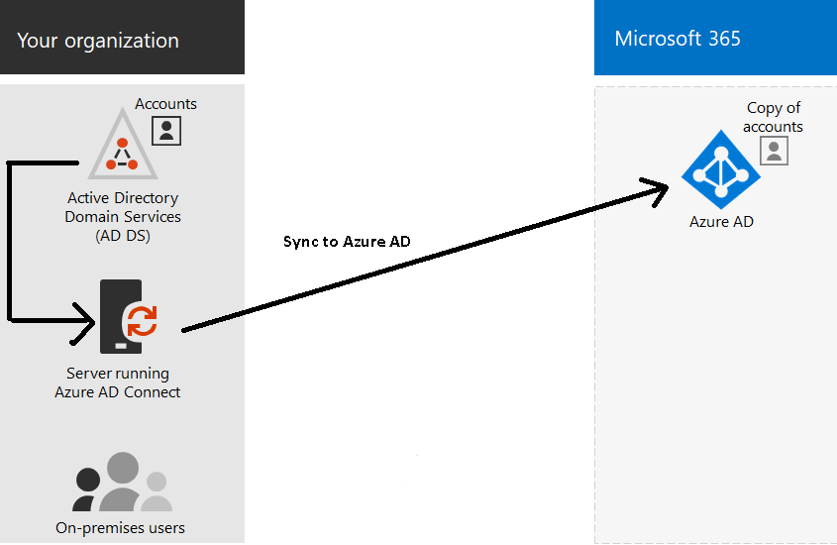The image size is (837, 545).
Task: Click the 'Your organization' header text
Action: (98, 41)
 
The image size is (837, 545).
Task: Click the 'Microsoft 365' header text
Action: (678, 39)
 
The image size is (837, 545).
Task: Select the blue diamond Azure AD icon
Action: (721, 170)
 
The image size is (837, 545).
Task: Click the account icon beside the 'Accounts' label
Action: (166, 129)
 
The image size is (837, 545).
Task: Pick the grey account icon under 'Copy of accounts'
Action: (774, 151)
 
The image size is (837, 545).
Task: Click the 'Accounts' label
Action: (165, 103)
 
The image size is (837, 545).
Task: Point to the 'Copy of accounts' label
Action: (774, 117)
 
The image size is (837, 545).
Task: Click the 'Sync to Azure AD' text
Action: (347, 242)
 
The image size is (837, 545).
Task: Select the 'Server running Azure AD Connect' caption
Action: (117, 382)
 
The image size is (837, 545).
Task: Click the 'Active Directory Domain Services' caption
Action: (123, 207)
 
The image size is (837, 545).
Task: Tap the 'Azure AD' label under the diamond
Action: (721, 222)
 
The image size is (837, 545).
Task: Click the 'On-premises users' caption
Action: (120, 527)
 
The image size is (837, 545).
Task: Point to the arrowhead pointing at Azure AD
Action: (657, 190)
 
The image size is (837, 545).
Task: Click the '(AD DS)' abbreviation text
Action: (123, 235)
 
